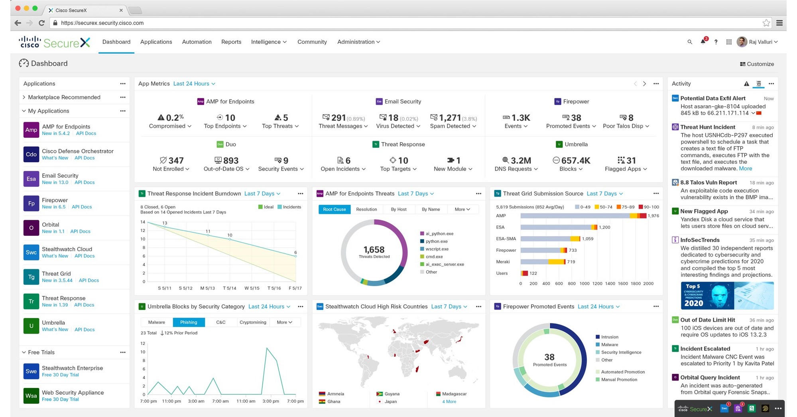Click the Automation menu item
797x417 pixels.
point(197,42)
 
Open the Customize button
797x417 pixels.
point(757,64)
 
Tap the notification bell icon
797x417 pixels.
point(703,42)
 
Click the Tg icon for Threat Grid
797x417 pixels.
point(31,277)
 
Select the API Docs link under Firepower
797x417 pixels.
point(81,207)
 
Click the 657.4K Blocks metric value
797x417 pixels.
point(575,161)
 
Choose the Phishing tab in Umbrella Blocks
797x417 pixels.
point(189,322)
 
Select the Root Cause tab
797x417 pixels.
point(334,209)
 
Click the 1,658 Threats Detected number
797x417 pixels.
point(374,250)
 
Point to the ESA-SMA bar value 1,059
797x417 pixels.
point(587,239)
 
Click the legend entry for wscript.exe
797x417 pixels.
point(437,249)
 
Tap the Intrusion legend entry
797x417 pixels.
point(609,337)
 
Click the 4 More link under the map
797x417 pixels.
point(449,401)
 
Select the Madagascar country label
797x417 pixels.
point(454,394)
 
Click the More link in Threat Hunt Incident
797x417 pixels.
point(745,168)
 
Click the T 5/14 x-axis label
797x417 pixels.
point(229,288)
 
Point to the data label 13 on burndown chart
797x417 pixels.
point(164,223)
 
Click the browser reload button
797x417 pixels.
point(41,23)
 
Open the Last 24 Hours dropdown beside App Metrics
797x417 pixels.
point(194,84)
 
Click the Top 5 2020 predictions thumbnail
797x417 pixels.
point(727,296)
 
